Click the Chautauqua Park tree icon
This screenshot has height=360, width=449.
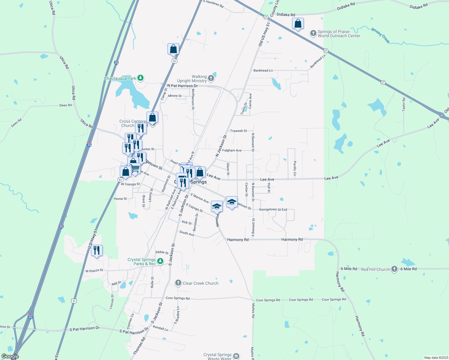[140, 78]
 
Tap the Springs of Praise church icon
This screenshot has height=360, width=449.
[313, 34]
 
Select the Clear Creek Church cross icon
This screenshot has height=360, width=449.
[178, 283]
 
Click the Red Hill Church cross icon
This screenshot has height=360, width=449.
[394, 269]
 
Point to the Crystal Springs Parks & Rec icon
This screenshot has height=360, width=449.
[161, 261]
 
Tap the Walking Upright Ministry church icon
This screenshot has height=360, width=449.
[211, 79]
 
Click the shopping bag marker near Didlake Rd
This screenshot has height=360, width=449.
[298, 24]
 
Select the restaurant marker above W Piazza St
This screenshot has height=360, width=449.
[97, 250]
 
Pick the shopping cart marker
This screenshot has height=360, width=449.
[135, 169]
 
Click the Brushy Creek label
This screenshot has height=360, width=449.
[381, 36]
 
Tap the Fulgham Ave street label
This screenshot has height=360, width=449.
[232, 150]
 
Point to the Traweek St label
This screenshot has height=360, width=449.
[238, 131]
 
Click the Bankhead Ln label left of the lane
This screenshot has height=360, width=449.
[263, 70]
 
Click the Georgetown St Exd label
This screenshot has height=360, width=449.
[273, 209]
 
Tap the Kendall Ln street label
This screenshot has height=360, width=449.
[161, 328]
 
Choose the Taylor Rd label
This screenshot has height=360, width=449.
[404, 103]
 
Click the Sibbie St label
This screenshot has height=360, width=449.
[162, 252]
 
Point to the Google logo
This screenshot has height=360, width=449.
[10, 356]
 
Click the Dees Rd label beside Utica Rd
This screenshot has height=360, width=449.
[65, 105]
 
